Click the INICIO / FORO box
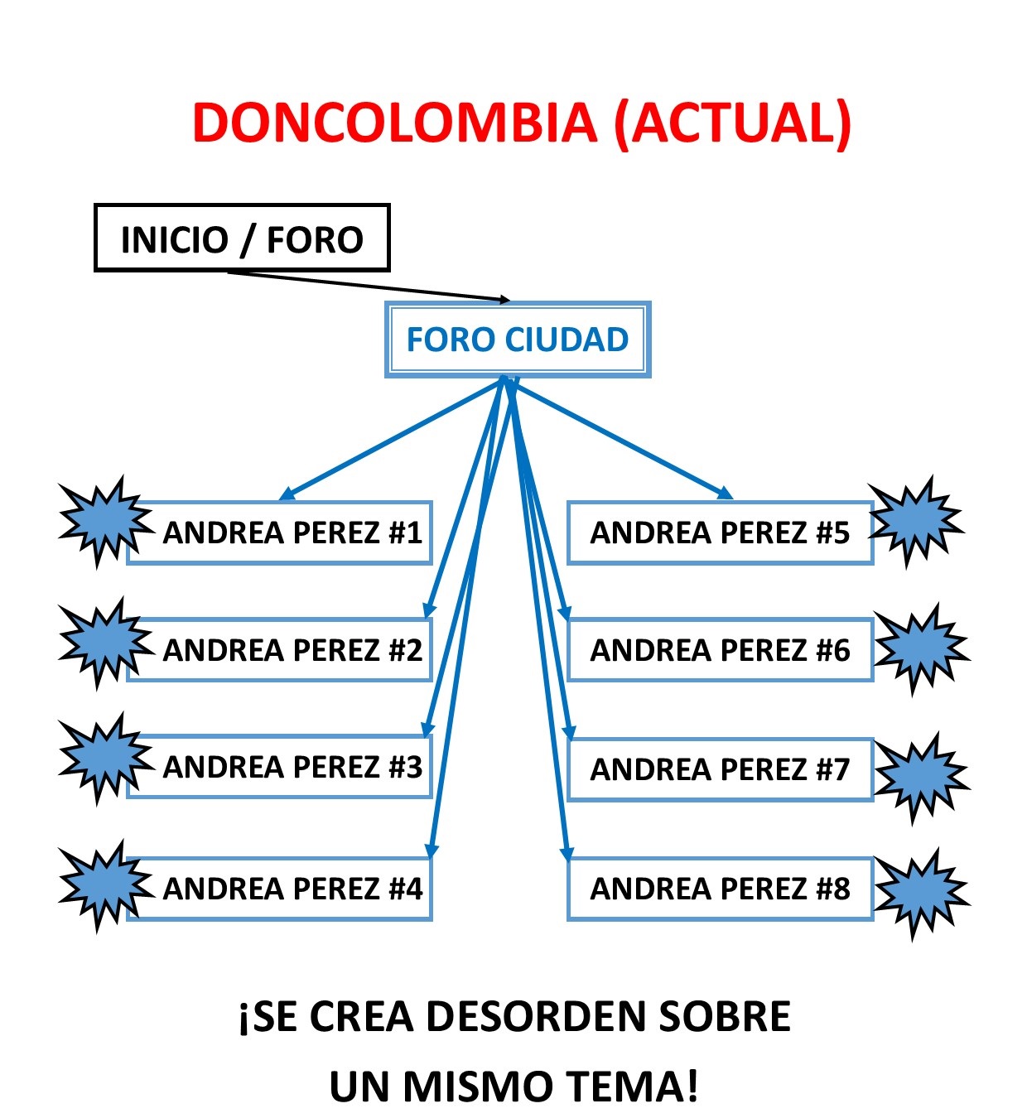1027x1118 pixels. (241, 239)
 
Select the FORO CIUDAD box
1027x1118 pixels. (518, 340)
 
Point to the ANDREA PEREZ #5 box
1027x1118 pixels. (719, 532)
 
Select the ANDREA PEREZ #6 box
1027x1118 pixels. (719, 650)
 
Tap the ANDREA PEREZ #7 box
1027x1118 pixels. (719, 769)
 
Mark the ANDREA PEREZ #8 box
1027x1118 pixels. (719, 889)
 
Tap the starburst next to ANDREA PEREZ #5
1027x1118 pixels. (915, 522)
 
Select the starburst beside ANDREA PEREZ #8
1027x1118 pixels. (920, 893)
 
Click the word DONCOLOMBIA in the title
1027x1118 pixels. (394, 123)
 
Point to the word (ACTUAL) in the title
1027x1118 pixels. (733, 123)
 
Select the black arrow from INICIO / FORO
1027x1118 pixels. (369, 286)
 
